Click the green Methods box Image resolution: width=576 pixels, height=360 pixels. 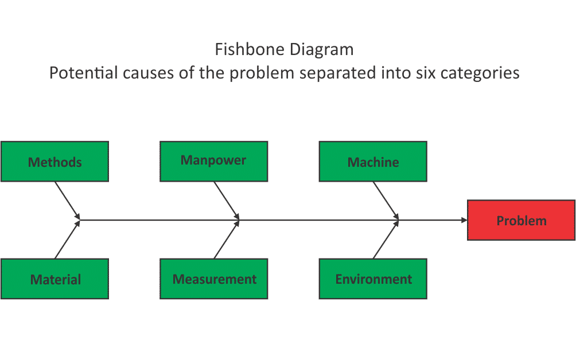click(x=55, y=162)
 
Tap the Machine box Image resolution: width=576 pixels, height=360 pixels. click(x=373, y=162)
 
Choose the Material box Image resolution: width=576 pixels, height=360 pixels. click(x=55, y=279)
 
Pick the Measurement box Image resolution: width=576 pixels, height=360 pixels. click(x=213, y=279)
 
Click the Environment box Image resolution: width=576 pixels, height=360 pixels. click(x=373, y=279)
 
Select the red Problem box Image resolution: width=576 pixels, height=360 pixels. click(x=521, y=220)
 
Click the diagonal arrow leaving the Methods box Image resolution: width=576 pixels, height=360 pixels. click(x=67, y=200)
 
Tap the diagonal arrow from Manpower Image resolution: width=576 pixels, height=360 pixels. click(x=226, y=200)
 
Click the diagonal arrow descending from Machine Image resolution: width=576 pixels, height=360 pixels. click(x=386, y=200)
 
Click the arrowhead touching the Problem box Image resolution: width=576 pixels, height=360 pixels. click(x=464, y=220)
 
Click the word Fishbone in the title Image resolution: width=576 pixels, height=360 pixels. click(x=250, y=49)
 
